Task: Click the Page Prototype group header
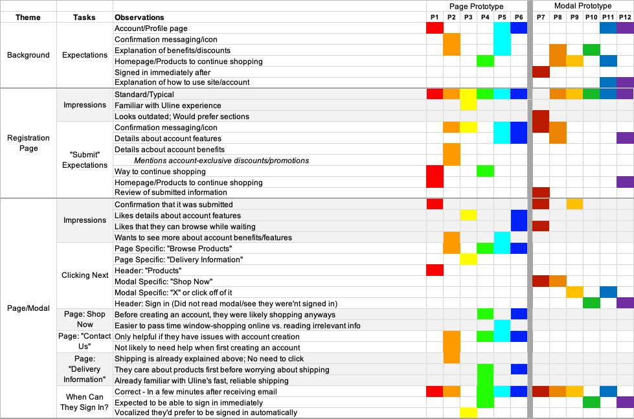click(x=476, y=6)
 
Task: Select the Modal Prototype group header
click(x=583, y=6)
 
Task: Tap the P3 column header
click(x=468, y=17)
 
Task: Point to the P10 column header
click(x=591, y=17)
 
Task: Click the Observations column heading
click(x=139, y=17)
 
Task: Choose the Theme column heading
click(x=28, y=17)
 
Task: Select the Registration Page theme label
click(x=28, y=142)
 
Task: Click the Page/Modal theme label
click(x=28, y=308)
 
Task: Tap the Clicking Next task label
click(x=85, y=275)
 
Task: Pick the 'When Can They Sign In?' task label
click(x=84, y=402)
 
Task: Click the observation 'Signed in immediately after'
click(x=163, y=73)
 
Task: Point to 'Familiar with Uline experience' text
click(x=168, y=106)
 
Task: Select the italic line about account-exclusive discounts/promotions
click(x=221, y=161)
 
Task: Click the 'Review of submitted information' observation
click(x=170, y=192)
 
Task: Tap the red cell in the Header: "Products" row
click(x=435, y=270)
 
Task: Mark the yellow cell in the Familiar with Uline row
click(x=468, y=105)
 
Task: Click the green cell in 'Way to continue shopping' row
click(x=485, y=171)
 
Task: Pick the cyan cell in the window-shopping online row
click(x=502, y=325)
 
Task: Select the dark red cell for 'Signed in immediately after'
click(x=541, y=72)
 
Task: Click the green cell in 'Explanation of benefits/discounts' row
click(x=591, y=50)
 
